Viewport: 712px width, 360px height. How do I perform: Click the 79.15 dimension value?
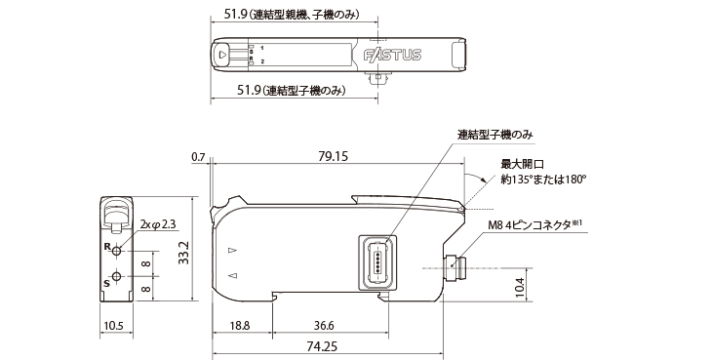click(334, 156)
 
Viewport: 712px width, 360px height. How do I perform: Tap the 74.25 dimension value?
click(323, 346)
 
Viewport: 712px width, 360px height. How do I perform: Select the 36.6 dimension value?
click(324, 326)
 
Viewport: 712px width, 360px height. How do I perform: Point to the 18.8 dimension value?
click(240, 326)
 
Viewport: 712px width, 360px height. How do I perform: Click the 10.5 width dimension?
click(113, 326)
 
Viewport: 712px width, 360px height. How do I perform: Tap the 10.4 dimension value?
click(521, 288)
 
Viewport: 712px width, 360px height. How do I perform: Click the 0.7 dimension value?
click(198, 157)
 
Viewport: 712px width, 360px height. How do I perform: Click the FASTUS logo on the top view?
click(393, 55)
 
